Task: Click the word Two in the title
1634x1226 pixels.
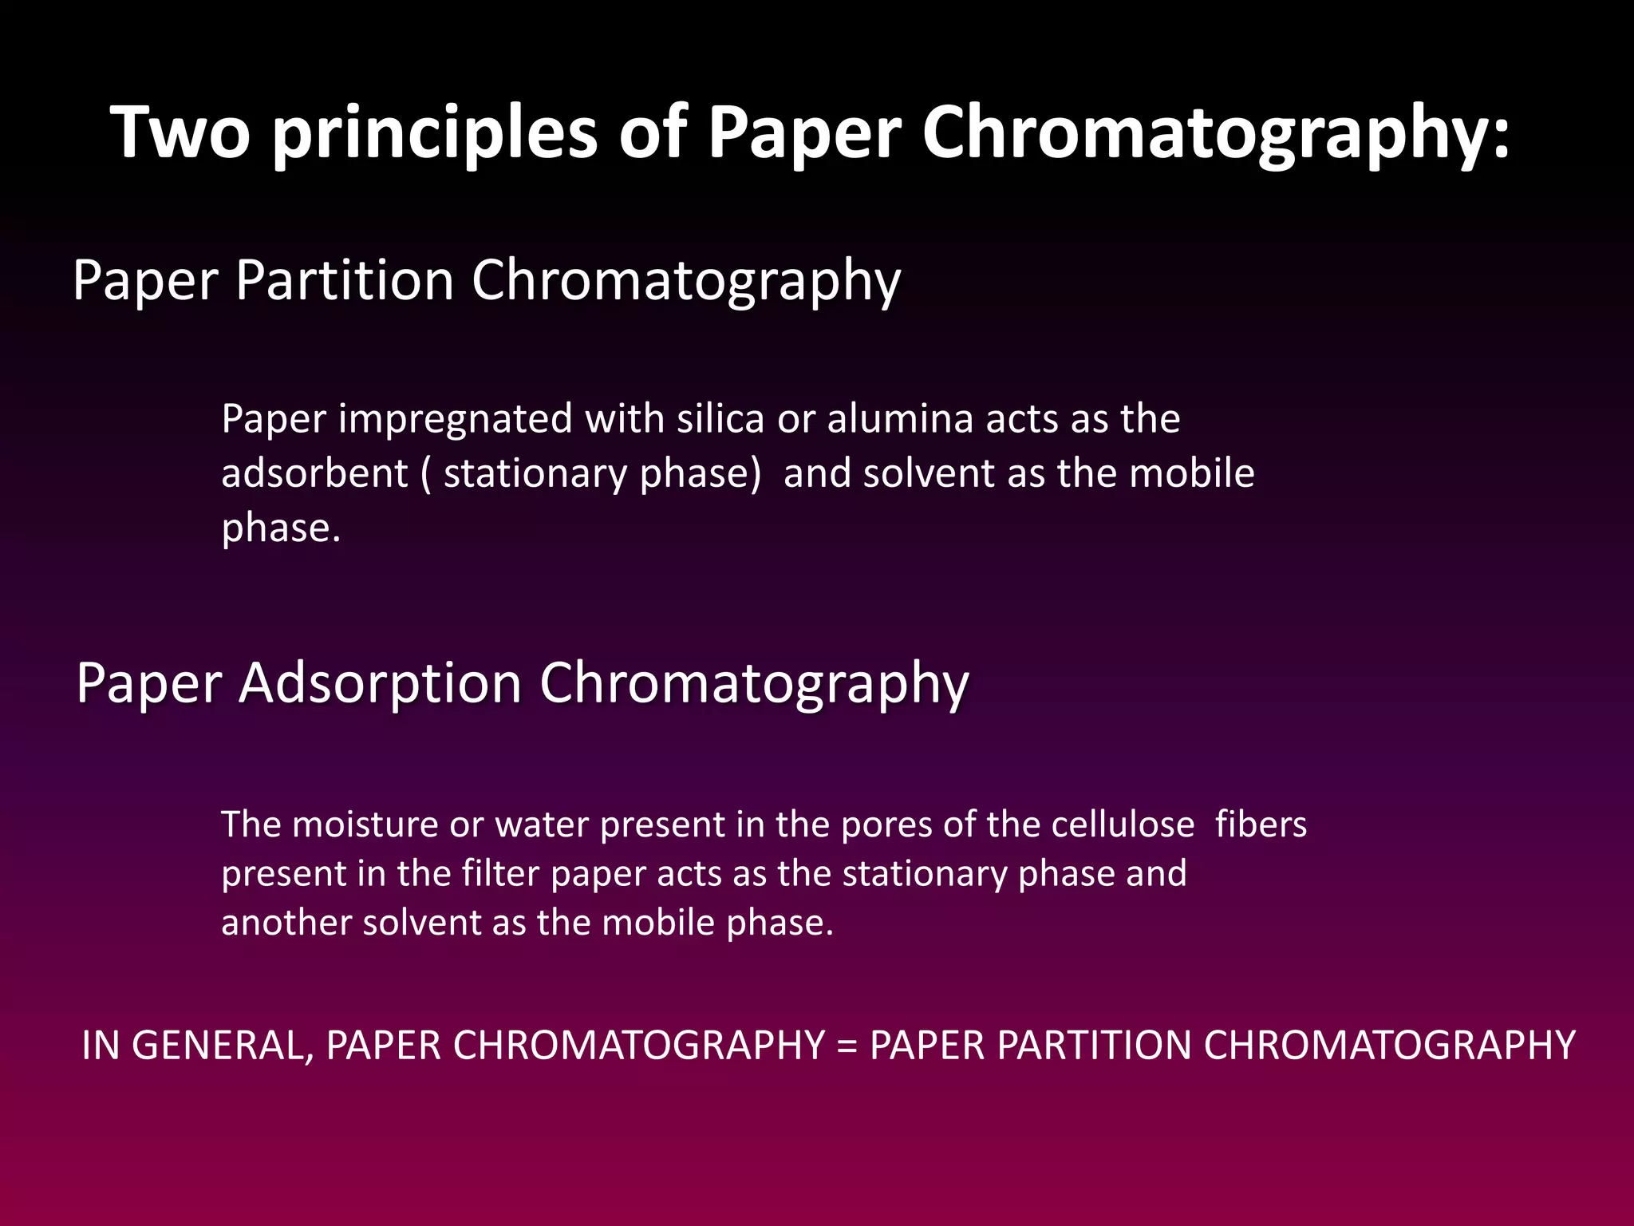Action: tap(181, 132)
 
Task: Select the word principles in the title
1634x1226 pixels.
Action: tap(434, 132)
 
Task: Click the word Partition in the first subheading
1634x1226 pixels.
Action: tap(345, 280)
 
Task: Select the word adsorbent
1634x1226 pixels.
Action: tap(314, 473)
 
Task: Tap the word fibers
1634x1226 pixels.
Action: tap(1261, 825)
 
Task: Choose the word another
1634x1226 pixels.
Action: tap(286, 923)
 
